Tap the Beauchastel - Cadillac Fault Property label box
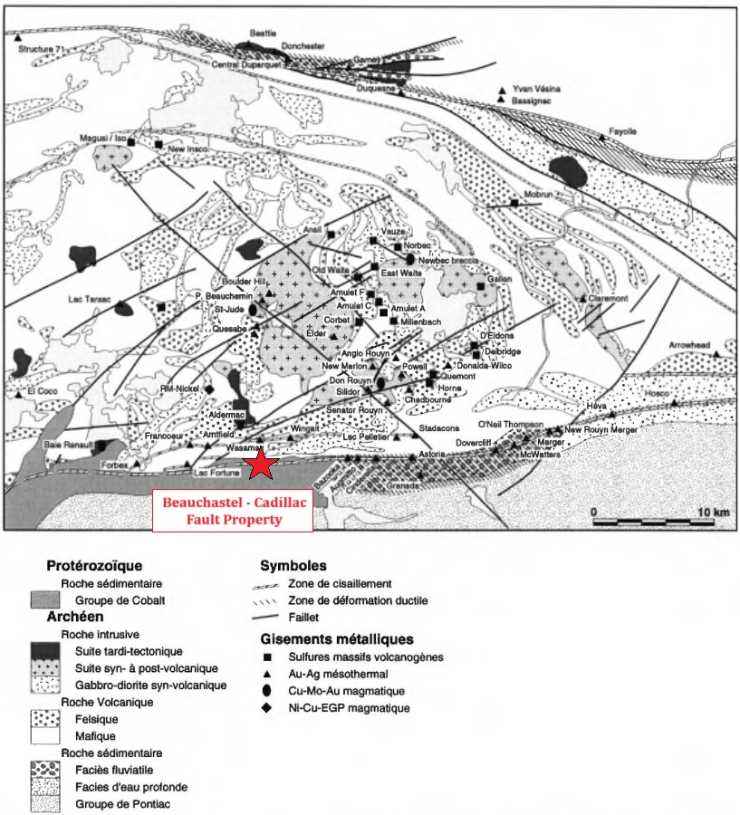(231, 511)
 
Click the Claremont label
(609, 298)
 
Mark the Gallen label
(500, 279)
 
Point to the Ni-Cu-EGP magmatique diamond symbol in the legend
(266, 707)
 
